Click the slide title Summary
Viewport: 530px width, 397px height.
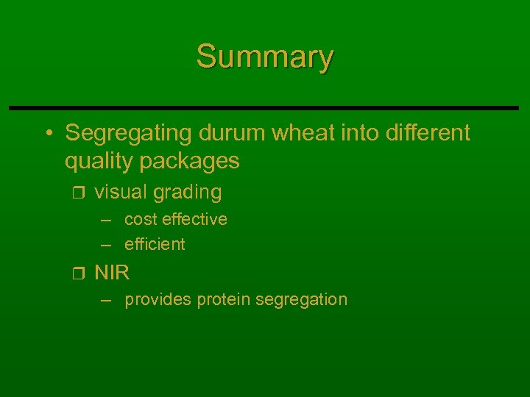pos(265,56)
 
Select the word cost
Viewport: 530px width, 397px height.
pos(141,219)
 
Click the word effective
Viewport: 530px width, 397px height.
pos(194,219)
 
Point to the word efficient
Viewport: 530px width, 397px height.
pos(155,244)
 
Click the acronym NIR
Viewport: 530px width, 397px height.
pos(112,273)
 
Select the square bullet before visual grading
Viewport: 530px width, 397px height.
pos(79,193)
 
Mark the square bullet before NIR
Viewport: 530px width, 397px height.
pos(79,274)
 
